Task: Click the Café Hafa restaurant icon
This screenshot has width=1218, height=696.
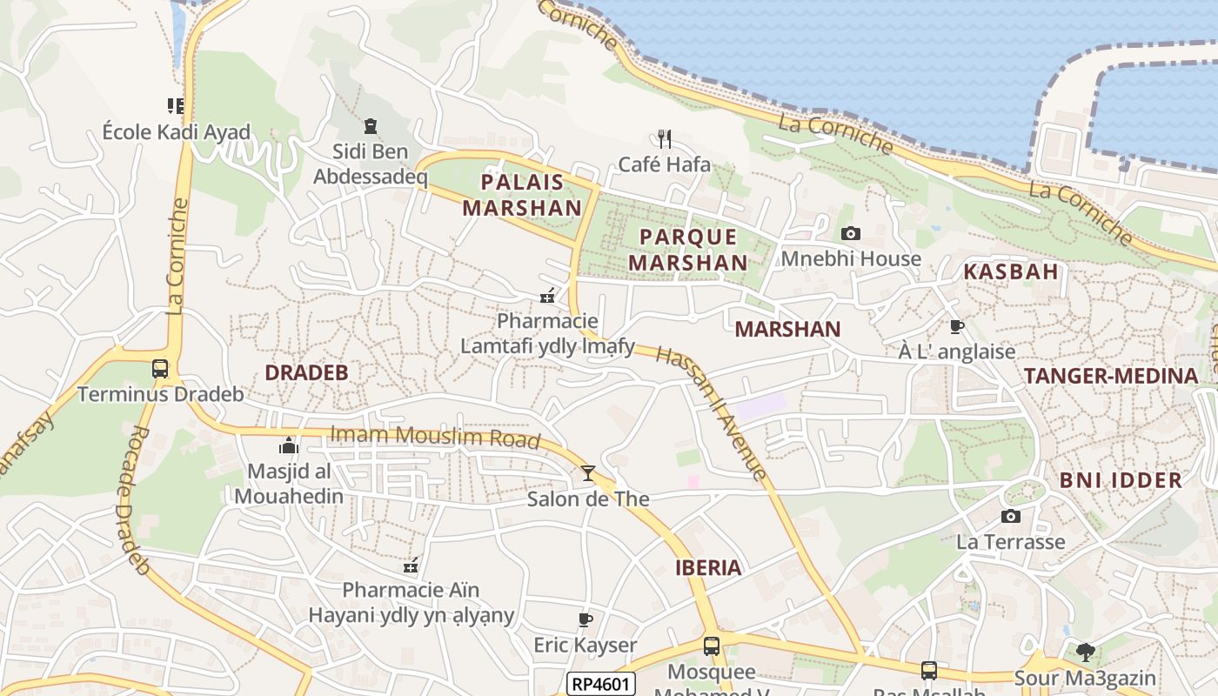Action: tap(665, 139)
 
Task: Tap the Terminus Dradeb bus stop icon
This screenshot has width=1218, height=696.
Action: tap(160, 368)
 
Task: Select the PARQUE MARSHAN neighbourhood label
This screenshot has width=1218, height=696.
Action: tap(688, 250)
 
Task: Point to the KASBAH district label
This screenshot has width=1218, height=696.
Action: tap(1011, 271)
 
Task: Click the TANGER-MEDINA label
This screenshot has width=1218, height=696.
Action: tap(1111, 376)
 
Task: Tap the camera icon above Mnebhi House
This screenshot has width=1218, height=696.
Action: tap(851, 233)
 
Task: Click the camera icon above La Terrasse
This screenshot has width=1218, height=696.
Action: tap(1010, 517)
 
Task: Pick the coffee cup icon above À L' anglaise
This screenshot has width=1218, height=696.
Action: tap(957, 326)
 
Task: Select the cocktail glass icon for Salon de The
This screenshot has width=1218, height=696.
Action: tap(588, 473)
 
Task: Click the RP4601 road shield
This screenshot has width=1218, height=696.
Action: tap(600, 684)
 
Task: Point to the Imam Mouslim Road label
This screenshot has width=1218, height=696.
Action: tap(435, 436)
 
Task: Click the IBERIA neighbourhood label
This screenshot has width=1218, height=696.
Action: tap(709, 568)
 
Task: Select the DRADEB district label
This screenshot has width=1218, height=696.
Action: tap(306, 372)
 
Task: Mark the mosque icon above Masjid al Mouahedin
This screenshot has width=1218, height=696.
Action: tap(288, 446)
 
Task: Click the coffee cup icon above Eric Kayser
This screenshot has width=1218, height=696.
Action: tap(586, 619)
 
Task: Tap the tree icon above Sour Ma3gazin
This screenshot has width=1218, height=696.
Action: tap(1085, 652)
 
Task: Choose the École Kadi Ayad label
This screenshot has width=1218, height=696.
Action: tap(177, 132)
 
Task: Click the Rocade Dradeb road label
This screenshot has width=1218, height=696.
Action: tap(128, 500)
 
